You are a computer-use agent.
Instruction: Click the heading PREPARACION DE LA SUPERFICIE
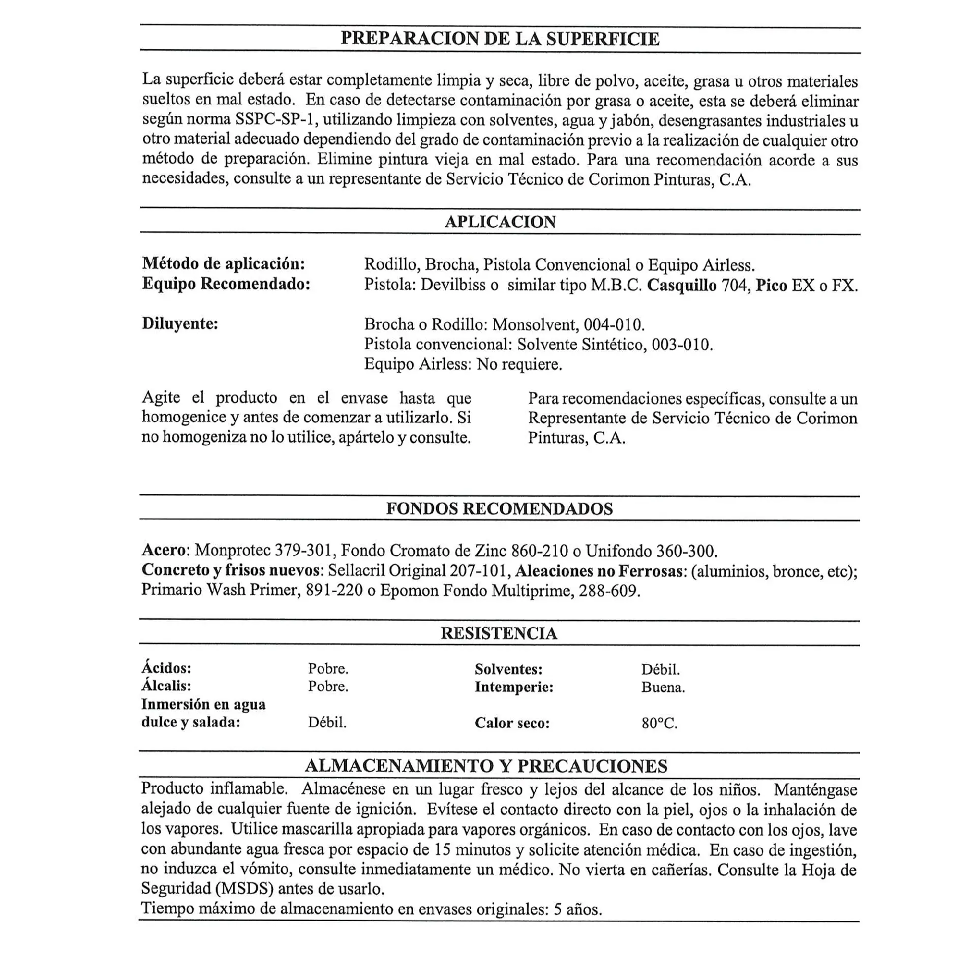click(x=500, y=39)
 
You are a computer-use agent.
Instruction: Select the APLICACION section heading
click(x=500, y=222)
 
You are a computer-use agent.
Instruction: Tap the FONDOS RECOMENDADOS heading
click(x=500, y=509)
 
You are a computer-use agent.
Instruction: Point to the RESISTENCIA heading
click(x=499, y=633)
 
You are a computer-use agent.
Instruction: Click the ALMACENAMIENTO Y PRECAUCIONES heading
click(x=486, y=766)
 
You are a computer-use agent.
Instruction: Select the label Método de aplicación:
click(x=224, y=264)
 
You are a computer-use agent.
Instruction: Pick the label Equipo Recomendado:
click(x=226, y=284)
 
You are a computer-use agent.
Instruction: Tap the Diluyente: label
click(x=180, y=324)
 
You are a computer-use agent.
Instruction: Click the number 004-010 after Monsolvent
click(x=614, y=325)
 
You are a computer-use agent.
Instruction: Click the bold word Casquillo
click(x=682, y=285)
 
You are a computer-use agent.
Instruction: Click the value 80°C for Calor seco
click(x=659, y=723)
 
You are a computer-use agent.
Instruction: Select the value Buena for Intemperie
click(x=662, y=687)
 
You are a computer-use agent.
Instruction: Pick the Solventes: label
click(x=509, y=669)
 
